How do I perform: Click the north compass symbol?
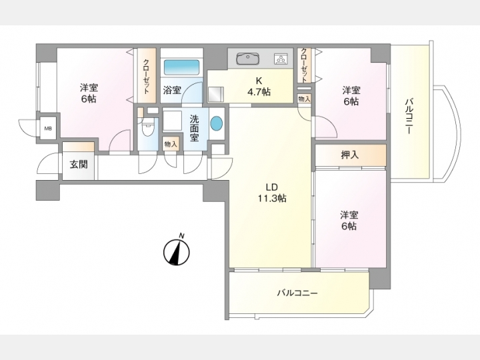click(x=177, y=251)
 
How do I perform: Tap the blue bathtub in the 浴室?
click(x=181, y=67)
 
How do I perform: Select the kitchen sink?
click(x=248, y=59)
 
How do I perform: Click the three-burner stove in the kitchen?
click(x=281, y=59)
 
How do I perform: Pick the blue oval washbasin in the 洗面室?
click(x=217, y=123)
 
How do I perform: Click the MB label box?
click(x=49, y=129)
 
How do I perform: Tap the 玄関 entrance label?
click(x=79, y=165)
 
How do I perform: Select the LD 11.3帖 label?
click(x=271, y=193)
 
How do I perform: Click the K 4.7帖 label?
click(x=259, y=86)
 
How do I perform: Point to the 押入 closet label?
click(x=350, y=155)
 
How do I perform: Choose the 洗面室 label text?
click(x=195, y=128)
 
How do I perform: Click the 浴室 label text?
click(x=172, y=90)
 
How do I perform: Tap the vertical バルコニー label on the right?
click(x=409, y=116)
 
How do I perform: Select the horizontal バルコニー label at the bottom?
click(x=297, y=293)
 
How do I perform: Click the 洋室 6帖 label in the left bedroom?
click(x=89, y=93)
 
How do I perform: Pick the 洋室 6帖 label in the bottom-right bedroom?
click(x=349, y=221)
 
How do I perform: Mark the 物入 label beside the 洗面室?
click(x=171, y=144)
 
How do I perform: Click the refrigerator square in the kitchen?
click(x=216, y=94)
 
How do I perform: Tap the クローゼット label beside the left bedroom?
click(x=146, y=76)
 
